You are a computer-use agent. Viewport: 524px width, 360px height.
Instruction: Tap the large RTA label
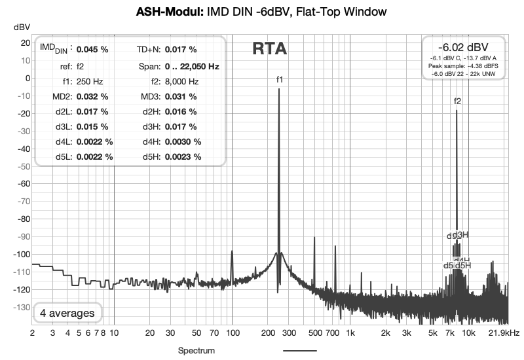click(x=269, y=49)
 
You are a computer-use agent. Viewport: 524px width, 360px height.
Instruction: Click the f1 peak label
click(x=280, y=79)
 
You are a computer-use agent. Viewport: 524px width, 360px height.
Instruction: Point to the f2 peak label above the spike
click(x=457, y=101)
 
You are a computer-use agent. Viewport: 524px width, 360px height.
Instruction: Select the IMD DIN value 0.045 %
click(x=92, y=49)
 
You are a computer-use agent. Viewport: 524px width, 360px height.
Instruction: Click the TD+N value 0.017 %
click(x=181, y=49)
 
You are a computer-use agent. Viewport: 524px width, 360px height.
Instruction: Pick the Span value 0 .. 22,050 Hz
click(x=192, y=66)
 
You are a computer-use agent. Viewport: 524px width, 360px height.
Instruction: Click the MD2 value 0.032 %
click(x=92, y=97)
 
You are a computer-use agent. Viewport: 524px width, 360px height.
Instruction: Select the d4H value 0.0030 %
click(x=183, y=141)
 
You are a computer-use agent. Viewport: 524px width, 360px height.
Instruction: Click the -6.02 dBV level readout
click(x=463, y=47)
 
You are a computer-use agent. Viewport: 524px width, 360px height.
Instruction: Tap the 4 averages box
click(x=67, y=313)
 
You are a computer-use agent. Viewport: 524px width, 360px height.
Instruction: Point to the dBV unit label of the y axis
click(x=22, y=27)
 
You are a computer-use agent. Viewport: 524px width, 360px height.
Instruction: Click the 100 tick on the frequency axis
click(x=232, y=333)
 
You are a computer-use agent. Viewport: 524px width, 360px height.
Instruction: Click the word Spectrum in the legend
click(x=196, y=351)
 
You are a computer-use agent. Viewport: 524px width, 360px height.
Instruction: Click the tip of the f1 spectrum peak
click(x=279, y=90)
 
